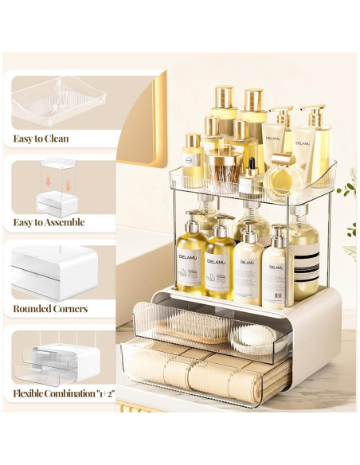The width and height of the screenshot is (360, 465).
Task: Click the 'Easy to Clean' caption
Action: pos(41,139)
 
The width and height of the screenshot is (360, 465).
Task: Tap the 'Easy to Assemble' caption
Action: pos(49,222)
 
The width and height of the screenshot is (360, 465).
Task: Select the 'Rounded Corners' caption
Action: pos(50,308)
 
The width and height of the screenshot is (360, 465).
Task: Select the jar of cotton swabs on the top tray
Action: pos(221,167)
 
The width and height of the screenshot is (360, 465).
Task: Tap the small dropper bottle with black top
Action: pos(252,172)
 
